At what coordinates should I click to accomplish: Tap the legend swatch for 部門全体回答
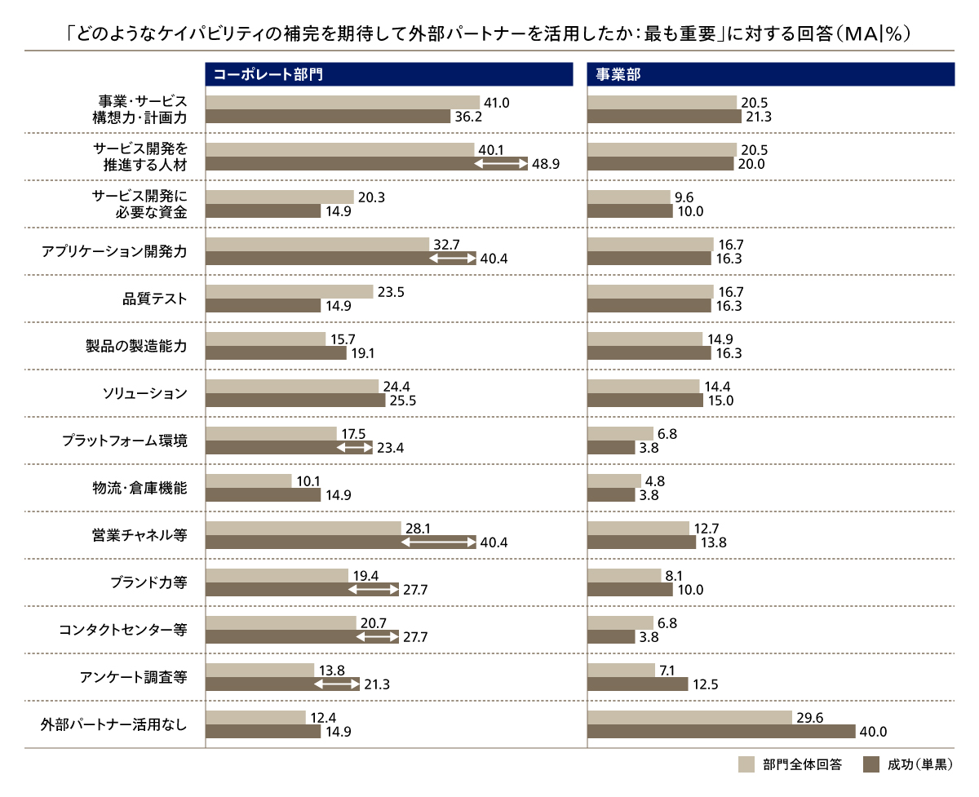coord(746,764)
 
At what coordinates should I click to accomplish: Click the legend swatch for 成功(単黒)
coord(870,764)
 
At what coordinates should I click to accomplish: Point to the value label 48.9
coord(546,164)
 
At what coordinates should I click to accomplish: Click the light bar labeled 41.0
coord(343,102)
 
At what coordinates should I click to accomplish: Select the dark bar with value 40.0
coord(720,732)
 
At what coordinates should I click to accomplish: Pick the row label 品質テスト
coord(154,299)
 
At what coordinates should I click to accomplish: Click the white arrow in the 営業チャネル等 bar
coord(438,542)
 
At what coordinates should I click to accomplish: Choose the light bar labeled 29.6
coord(689,717)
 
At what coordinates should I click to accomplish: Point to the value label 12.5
coord(706,684)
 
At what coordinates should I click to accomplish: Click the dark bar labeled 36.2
coord(328,117)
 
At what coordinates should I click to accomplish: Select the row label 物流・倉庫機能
coord(140,488)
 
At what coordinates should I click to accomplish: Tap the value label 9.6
coord(684,197)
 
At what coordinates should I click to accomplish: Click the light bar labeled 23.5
coord(290,291)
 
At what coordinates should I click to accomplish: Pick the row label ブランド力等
coord(148,582)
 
